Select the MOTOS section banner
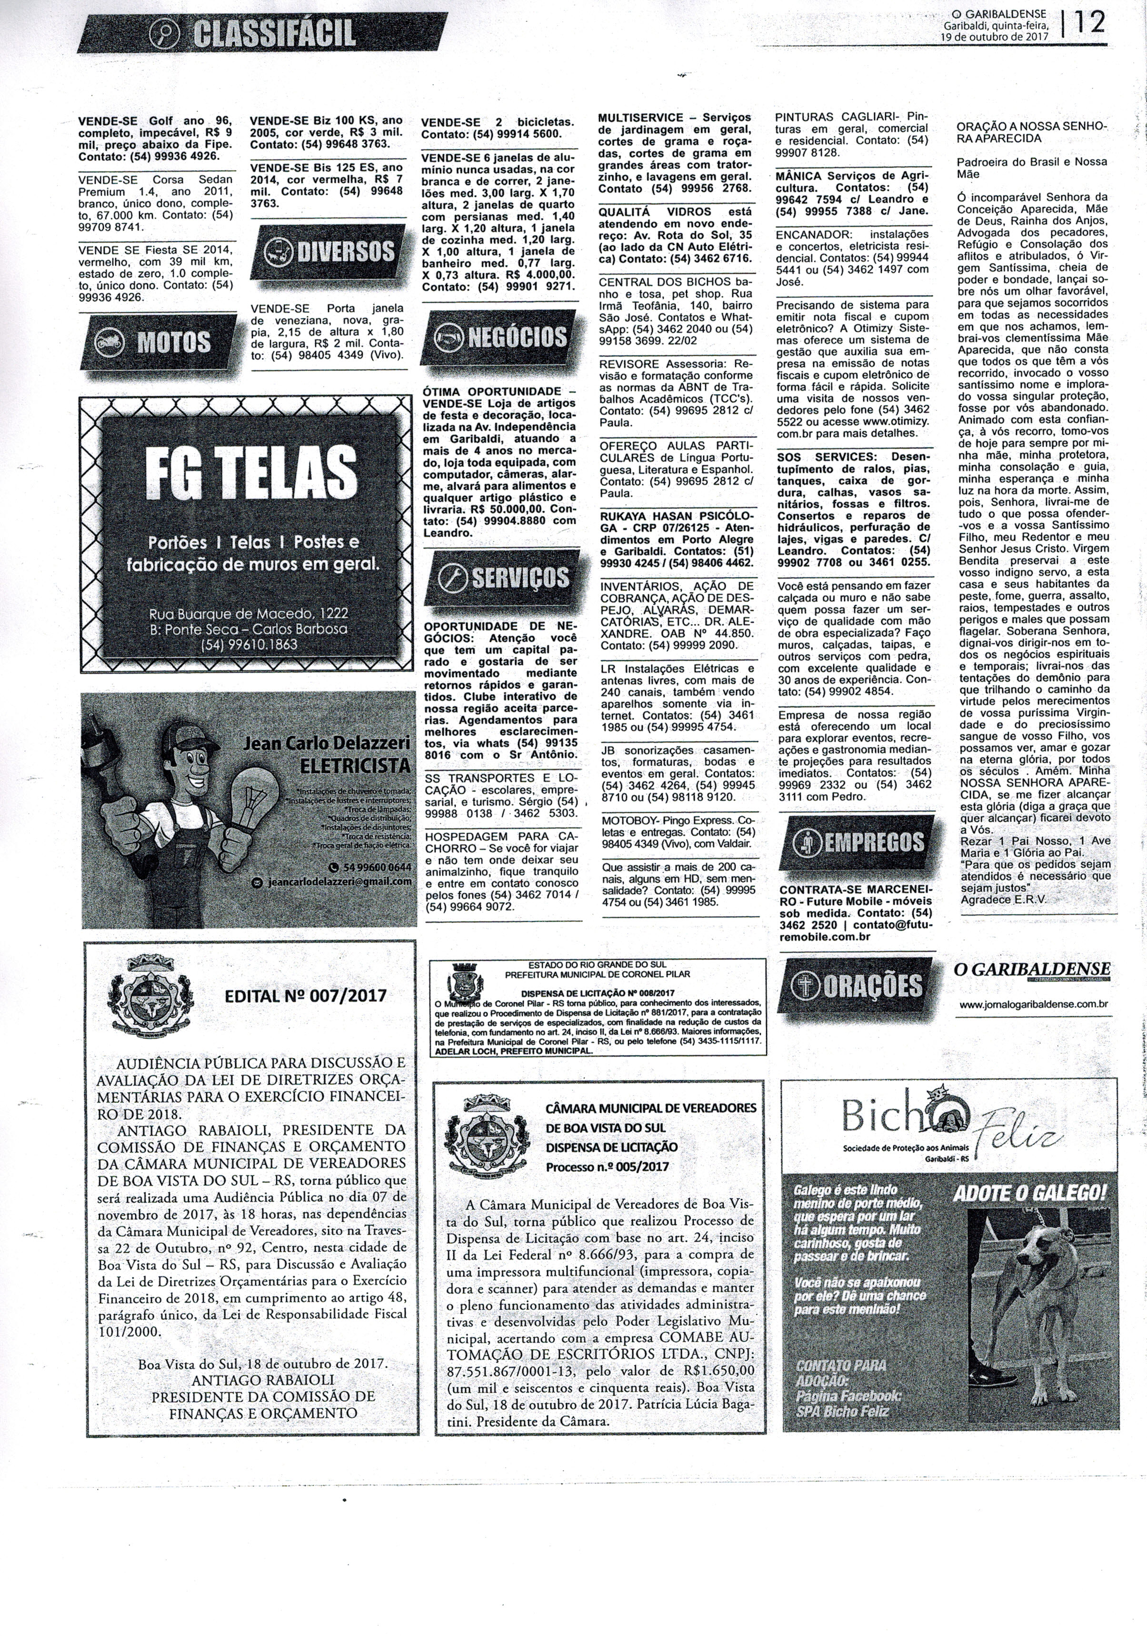click(x=158, y=342)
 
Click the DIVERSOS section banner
click(x=329, y=251)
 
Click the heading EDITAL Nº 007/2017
click(x=306, y=995)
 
